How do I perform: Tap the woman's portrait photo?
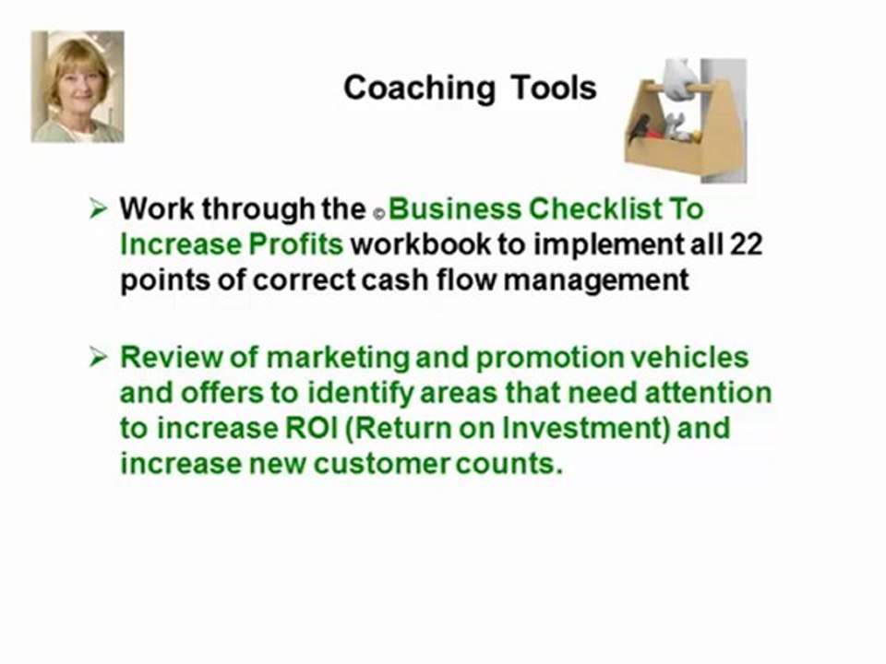click(78, 87)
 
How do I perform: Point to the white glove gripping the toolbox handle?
click(680, 79)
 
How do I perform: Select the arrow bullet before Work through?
click(98, 209)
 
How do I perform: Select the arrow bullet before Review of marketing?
click(98, 358)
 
